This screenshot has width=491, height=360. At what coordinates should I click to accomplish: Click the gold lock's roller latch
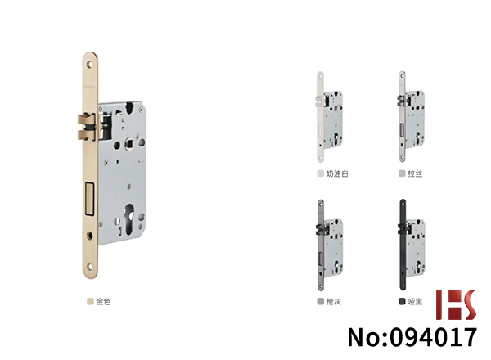pyautogui.click(x=85, y=127)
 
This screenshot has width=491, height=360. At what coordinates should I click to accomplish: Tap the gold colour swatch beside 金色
pyautogui.click(x=91, y=301)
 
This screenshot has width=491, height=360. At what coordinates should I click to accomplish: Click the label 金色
pyautogui.click(x=103, y=301)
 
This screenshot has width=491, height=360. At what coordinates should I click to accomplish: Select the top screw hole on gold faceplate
pyautogui.click(x=89, y=65)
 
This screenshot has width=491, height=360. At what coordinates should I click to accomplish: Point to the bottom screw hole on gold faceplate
pyautogui.click(x=90, y=267)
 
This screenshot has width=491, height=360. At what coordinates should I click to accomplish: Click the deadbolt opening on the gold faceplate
pyautogui.click(x=89, y=199)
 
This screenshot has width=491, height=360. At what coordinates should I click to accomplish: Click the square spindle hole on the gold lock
pyautogui.click(x=128, y=144)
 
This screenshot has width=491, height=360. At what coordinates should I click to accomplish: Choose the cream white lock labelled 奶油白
pyautogui.click(x=330, y=117)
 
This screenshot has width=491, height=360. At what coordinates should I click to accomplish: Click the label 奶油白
pyautogui.click(x=337, y=173)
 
